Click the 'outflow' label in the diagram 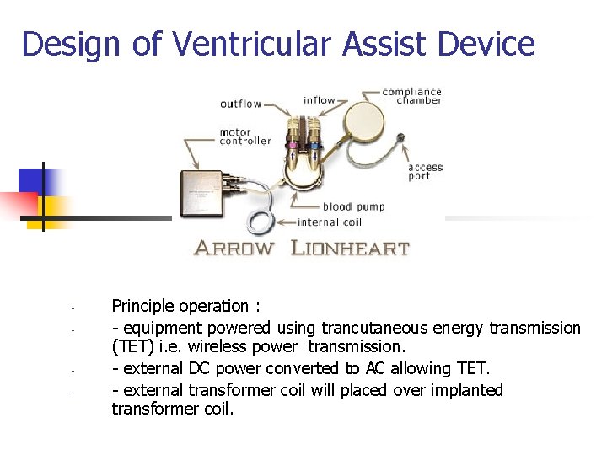click(240, 104)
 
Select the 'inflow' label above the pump click(319, 101)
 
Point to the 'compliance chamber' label click(411, 96)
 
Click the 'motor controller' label click(245, 136)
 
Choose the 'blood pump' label click(354, 206)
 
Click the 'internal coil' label click(330, 222)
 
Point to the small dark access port click(401, 137)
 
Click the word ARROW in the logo click(234, 249)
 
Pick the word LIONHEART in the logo click(350, 249)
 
